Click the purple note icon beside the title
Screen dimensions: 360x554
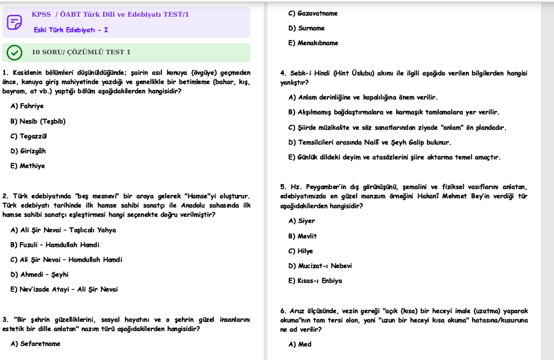point(14,22)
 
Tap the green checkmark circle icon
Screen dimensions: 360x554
point(14,52)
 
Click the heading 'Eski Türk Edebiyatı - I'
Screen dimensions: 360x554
point(71,30)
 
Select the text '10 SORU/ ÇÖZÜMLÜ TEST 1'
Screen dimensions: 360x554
point(81,52)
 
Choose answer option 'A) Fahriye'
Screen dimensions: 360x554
point(27,106)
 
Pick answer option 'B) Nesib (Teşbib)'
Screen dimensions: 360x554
point(38,121)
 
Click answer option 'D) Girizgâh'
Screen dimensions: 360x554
point(28,151)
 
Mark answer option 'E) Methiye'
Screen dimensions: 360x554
point(28,166)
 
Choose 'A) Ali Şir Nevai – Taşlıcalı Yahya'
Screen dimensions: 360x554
point(63,230)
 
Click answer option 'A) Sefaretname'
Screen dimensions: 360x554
point(35,344)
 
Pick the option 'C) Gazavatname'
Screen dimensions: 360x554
point(313,13)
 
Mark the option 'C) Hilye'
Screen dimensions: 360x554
point(301,251)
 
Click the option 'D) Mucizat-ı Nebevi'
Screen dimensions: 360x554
point(320,266)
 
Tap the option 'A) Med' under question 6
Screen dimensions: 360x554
point(300,345)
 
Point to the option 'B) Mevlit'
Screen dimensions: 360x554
point(302,236)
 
